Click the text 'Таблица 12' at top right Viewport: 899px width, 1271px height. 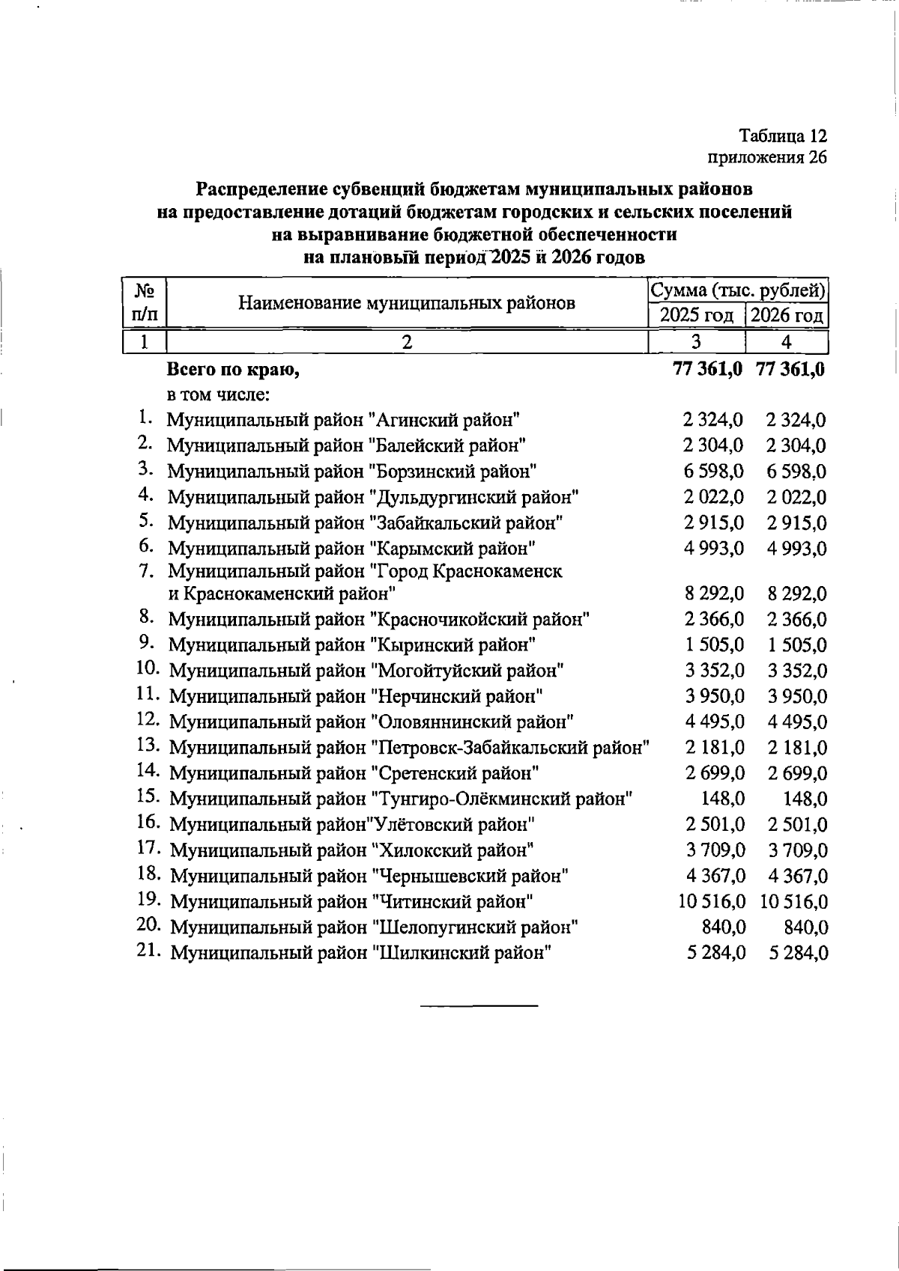point(783,136)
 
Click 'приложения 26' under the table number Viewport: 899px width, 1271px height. point(767,157)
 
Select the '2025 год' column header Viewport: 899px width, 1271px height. point(696,315)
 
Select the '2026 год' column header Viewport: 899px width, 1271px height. point(787,315)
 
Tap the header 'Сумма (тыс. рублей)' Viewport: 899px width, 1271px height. point(738,290)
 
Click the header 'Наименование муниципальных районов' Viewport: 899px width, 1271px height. point(407,302)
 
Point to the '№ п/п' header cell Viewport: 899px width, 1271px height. point(143,302)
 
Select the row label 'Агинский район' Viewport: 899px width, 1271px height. point(343,420)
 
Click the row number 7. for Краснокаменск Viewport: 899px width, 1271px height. point(146,571)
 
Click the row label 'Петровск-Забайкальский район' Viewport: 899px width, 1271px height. point(409,748)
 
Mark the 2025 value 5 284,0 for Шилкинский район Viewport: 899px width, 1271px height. point(715,954)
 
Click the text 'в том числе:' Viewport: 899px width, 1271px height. point(218,394)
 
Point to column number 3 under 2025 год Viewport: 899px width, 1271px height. point(696,342)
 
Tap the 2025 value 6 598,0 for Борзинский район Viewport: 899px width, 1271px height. point(713,472)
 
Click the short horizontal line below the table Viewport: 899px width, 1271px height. point(479,1005)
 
